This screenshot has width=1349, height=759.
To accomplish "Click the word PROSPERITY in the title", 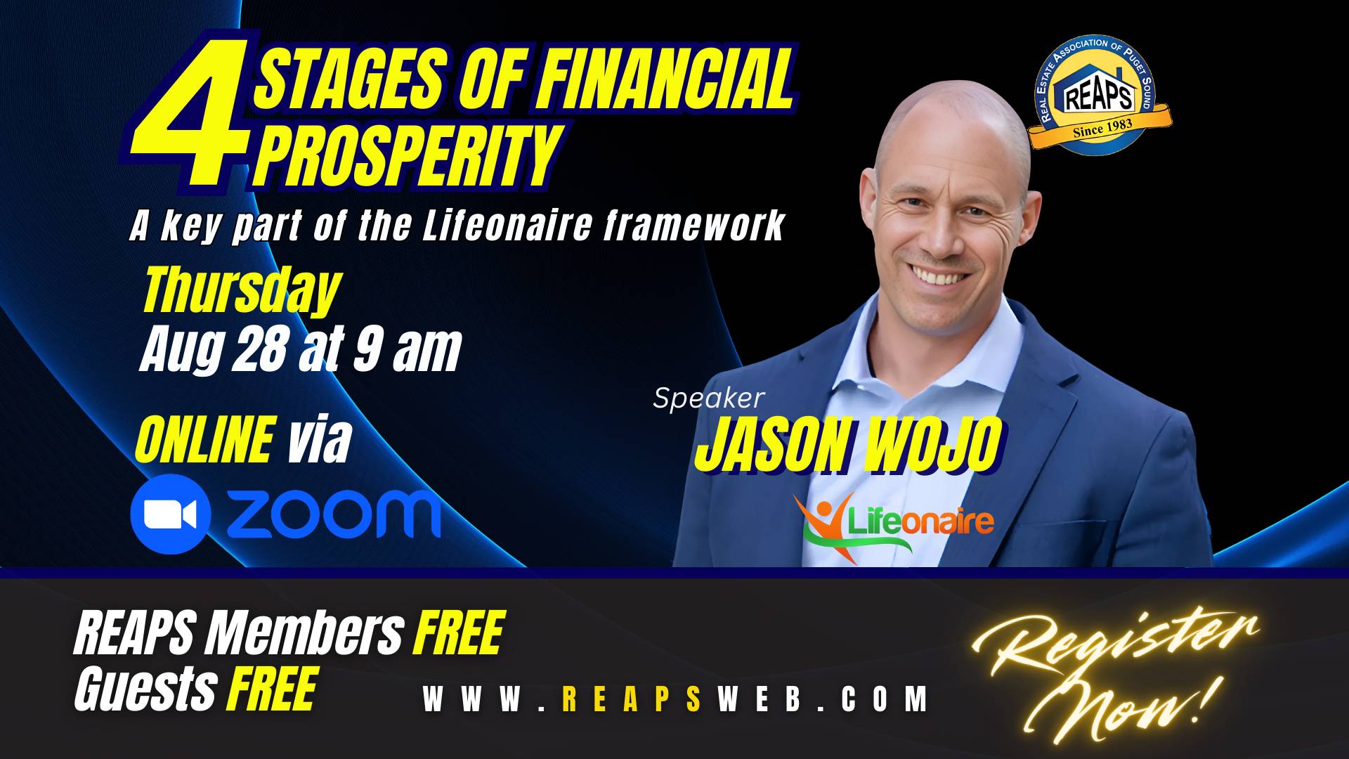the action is coord(407,155).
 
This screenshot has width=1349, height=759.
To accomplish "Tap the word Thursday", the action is coord(241,290).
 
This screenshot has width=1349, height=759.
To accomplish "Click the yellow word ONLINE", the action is coord(204,440).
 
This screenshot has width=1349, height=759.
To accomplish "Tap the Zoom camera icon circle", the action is coord(170,514).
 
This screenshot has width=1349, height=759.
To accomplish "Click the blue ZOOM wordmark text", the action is coord(333,514).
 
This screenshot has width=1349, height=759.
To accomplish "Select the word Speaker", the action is coord(708,398).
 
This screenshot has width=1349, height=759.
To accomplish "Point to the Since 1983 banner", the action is coord(1100,127).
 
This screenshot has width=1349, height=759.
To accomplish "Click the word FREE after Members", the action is coord(459,633).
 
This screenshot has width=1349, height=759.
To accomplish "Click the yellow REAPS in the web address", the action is coord(632,699).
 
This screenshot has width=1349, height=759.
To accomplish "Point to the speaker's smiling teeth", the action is coord(940,275).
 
